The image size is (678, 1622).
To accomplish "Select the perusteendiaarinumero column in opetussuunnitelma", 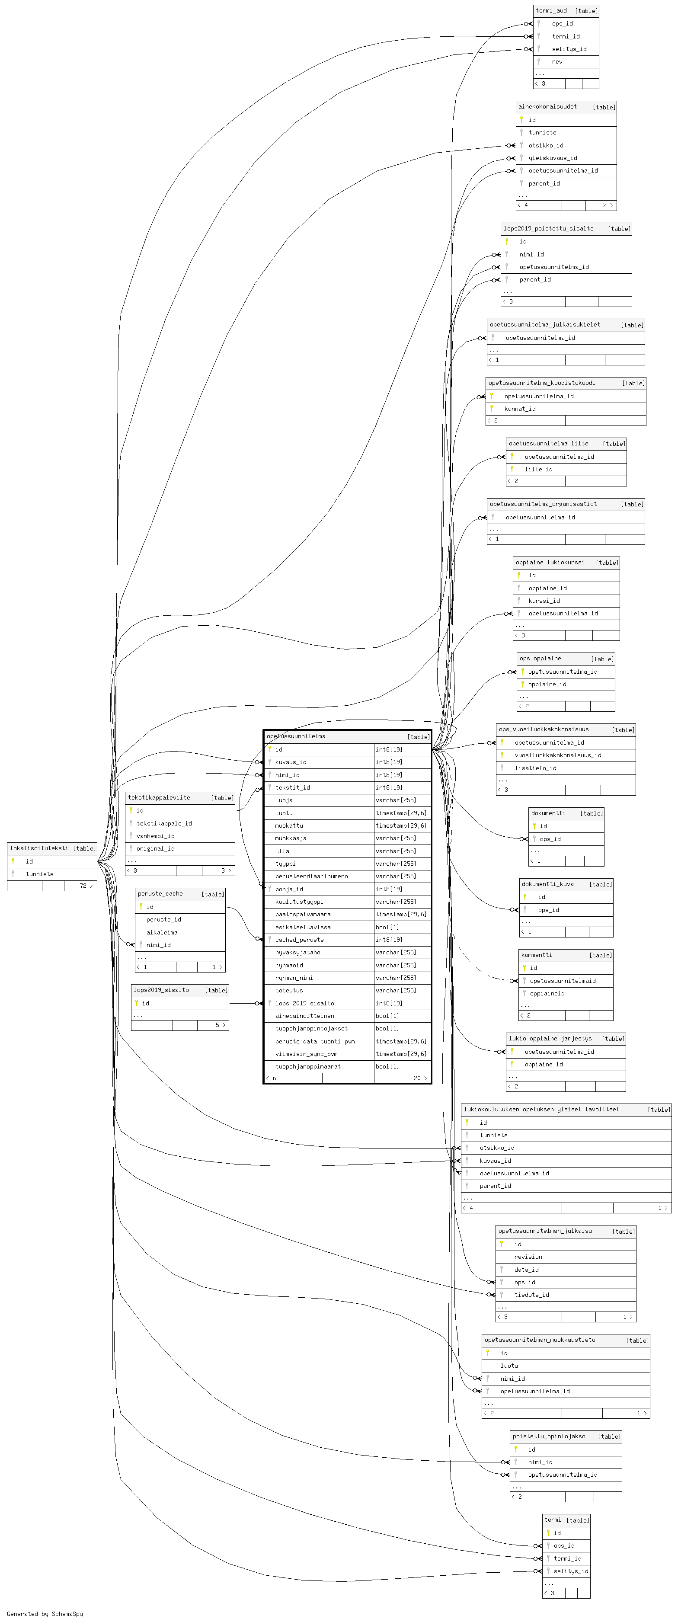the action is (311, 876).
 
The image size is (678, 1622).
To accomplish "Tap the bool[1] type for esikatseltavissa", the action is (387, 927).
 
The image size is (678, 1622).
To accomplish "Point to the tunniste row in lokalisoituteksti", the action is (40, 874).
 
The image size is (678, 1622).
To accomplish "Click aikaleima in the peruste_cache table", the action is (162, 932).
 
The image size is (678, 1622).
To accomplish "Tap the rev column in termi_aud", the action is (557, 62).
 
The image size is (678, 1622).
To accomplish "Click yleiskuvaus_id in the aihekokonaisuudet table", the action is (553, 158).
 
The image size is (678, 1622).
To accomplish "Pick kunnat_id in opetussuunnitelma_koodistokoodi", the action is (520, 409).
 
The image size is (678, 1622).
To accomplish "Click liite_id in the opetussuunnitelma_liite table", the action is (538, 469).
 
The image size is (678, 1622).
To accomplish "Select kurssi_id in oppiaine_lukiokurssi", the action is (544, 601).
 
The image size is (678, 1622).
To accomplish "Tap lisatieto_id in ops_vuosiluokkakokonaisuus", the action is (535, 768).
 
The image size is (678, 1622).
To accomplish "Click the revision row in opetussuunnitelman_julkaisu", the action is (528, 1256).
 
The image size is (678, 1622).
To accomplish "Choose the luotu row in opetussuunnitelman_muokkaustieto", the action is (509, 1365).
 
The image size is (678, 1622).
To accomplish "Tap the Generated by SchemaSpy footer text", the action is (45, 1613).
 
